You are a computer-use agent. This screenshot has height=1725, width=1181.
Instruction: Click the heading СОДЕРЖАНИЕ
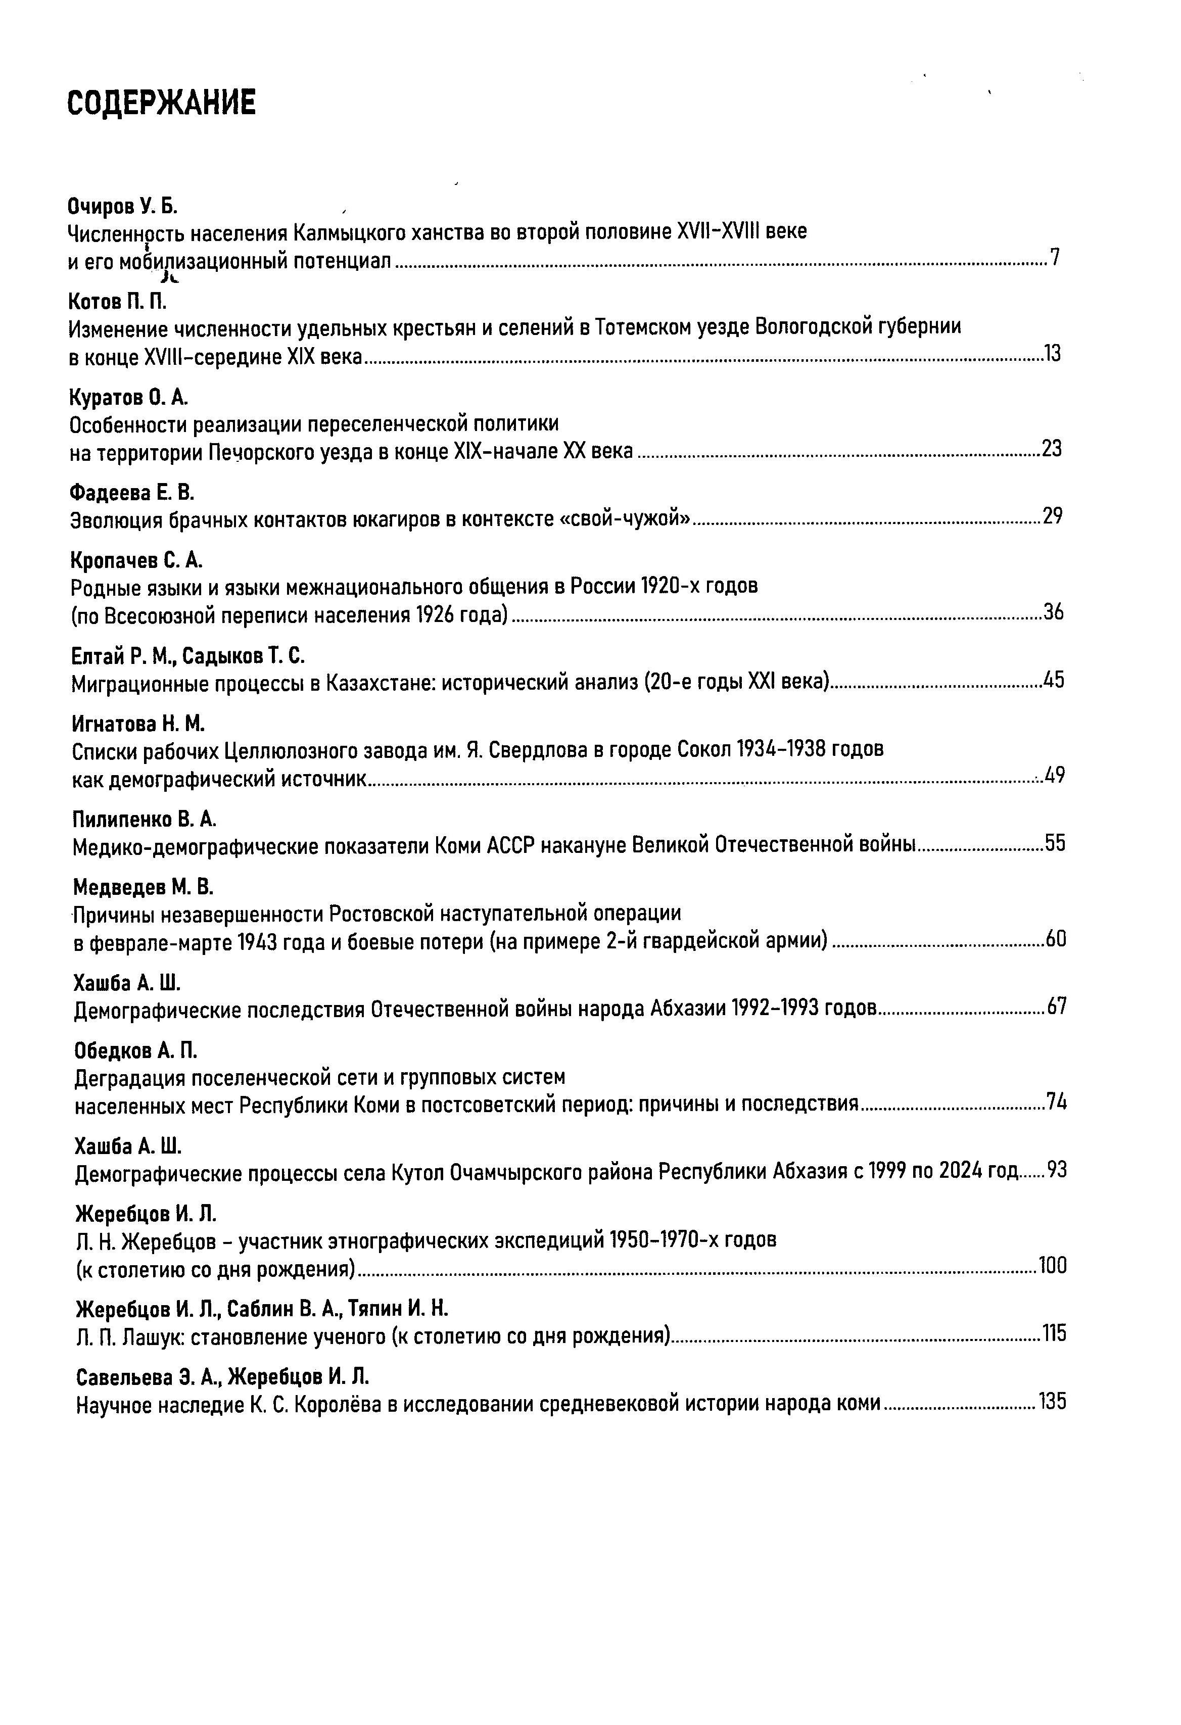pos(161,103)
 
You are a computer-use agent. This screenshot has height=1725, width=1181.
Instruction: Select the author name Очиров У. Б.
pos(122,205)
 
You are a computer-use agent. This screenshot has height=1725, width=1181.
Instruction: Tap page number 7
pos(1055,258)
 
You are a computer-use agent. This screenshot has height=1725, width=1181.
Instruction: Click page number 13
pos(1053,354)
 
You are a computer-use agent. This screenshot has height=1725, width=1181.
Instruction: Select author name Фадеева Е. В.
pos(131,493)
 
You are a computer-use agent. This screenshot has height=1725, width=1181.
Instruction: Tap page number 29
pos(1053,516)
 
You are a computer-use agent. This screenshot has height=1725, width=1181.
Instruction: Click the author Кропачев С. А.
pos(136,560)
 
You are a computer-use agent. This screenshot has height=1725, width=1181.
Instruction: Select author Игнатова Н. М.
pos(138,723)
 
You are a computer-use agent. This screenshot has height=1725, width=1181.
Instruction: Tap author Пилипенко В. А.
pos(144,820)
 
